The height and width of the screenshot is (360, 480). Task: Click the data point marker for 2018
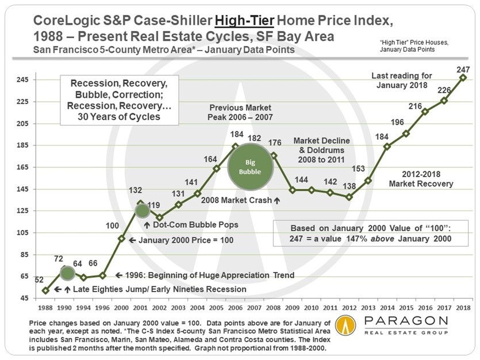(x=463, y=78)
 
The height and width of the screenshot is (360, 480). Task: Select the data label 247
(x=463, y=70)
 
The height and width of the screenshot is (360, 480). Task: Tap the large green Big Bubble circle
(x=250, y=167)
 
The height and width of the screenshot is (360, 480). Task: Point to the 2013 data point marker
(x=368, y=181)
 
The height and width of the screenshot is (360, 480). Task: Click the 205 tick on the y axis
(x=22, y=124)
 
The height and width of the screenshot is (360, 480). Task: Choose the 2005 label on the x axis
(x=216, y=308)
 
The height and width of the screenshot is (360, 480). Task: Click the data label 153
(x=358, y=168)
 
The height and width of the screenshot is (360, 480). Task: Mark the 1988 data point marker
(x=45, y=291)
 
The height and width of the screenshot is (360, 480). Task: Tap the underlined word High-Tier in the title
(x=244, y=21)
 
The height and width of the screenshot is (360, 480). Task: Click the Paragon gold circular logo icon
(x=345, y=325)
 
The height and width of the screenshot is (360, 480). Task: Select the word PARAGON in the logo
(x=406, y=321)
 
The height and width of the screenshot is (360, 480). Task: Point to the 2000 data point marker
(x=121, y=239)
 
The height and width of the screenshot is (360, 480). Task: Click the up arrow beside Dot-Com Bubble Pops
(x=147, y=225)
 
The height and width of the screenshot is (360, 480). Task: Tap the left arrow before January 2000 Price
(x=132, y=240)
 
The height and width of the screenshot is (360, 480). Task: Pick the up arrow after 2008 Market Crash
(x=277, y=201)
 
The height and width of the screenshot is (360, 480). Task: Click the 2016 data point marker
(x=425, y=112)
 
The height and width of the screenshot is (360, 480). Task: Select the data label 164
(x=210, y=159)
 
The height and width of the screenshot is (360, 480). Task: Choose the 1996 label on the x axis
(x=102, y=308)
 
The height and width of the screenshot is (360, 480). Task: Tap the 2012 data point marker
(x=350, y=197)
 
